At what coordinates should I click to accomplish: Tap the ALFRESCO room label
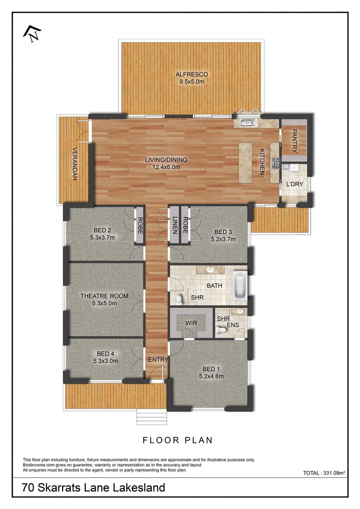point(191,74)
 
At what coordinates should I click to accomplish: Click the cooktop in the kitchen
point(275,164)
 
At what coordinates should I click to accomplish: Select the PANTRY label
point(295,141)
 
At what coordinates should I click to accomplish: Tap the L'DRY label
point(295,184)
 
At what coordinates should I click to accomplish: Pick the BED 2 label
point(102,230)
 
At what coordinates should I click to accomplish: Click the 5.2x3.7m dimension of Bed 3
point(223,239)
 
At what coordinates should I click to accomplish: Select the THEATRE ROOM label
point(104,296)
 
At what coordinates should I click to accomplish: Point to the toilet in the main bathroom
point(179,299)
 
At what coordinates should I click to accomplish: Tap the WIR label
point(191,323)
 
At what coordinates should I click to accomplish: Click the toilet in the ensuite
point(220,332)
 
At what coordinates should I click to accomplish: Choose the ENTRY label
point(158,360)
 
